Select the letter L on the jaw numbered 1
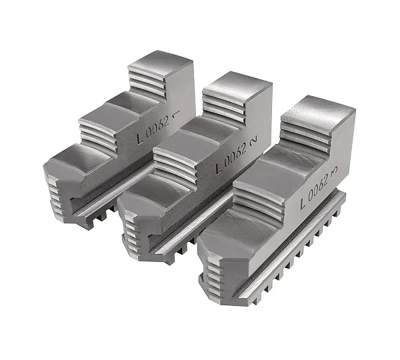coord(140,138)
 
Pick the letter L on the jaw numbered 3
coord(303,203)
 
